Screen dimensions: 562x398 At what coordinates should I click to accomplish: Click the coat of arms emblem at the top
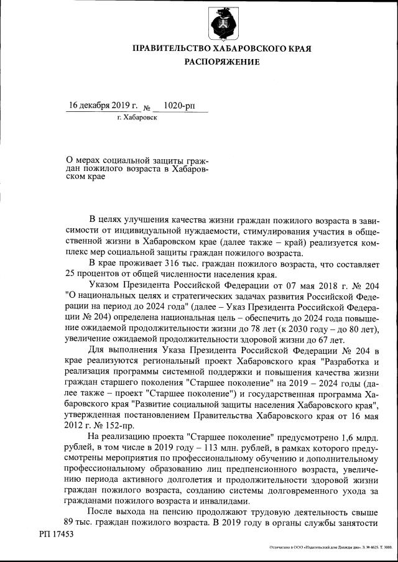coord(222,23)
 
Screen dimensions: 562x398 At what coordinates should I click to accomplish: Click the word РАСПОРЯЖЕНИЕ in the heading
coord(222,62)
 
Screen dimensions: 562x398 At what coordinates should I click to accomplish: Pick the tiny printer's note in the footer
coord(330,548)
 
